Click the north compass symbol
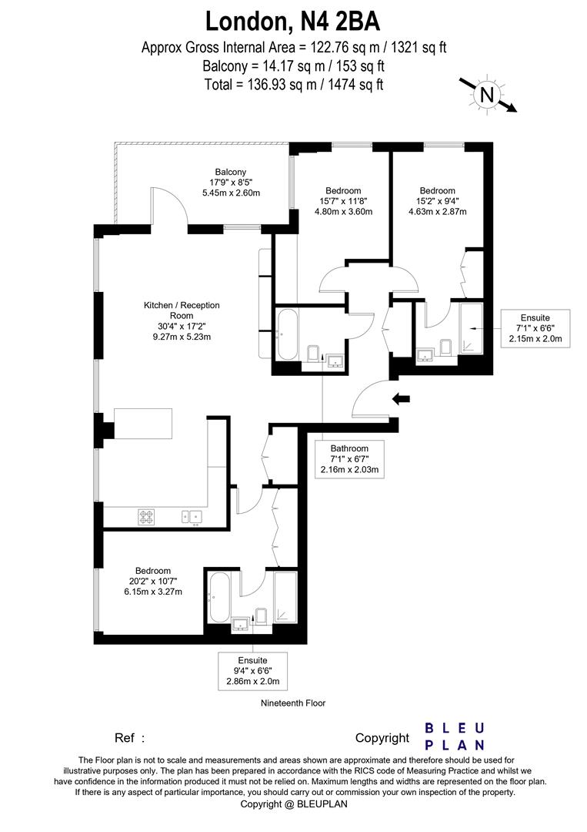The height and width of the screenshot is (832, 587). pyautogui.click(x=486, y=95)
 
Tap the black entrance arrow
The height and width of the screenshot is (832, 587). pyautogui.click(x=402, y=398)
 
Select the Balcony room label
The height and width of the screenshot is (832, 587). pyautogui.click(x=231, y=183)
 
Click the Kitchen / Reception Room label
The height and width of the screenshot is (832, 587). pyautogui.click(x=182, y=320)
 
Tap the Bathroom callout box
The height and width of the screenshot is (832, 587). pyautogui.click(x=349, y=459)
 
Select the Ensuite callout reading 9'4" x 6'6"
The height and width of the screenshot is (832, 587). pyautogui.click(x=252, y=671)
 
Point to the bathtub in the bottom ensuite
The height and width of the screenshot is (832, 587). pyautogui.click(x=218, y=597)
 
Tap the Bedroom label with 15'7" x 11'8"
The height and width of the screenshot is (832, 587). pyautogui.click(x=343, y=201)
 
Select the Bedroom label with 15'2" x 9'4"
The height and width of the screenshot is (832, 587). pyautogui.click(x=437, y=201)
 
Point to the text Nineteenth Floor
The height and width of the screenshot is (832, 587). pyautogui.click(x=293, y=703)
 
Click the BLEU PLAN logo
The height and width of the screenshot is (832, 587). pyautogui.click(x=455, y=736)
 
